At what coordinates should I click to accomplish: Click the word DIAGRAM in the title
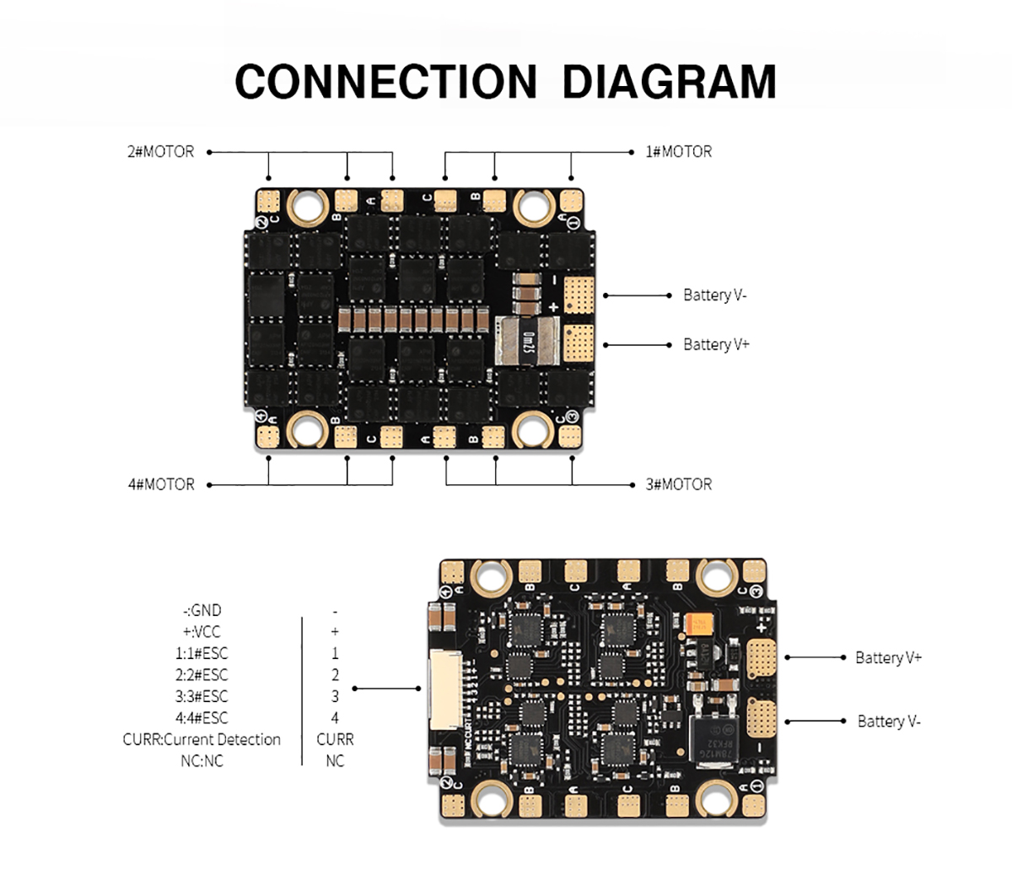(x=669, y=81)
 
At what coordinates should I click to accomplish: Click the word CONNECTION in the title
(x=385, y=81)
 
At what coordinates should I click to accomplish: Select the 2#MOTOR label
(x=160, y=152)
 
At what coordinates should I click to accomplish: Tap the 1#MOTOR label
(x=678, y=152)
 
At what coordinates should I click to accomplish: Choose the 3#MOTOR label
(x=678, y=484)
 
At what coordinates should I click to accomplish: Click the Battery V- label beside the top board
(x=715, y=295)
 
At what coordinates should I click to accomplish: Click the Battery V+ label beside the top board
(x=716, y=344)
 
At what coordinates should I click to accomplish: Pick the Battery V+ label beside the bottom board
(x=888, y=657)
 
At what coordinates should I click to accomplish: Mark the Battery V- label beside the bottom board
(x=889, y=721)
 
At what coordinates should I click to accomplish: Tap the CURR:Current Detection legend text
(x=202, y=739)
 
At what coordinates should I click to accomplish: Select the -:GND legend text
(x=202, y=610)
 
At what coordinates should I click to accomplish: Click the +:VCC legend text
(x=202, y=632)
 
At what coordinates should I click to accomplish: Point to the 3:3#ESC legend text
(x=202, y=696)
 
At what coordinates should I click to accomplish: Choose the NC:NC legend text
(x=202, y=760)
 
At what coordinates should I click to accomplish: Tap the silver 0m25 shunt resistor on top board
(x=528, y=341)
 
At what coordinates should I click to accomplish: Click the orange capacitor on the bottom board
(x=702, y=624)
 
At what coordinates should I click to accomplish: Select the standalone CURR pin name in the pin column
(x=335, y=739)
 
